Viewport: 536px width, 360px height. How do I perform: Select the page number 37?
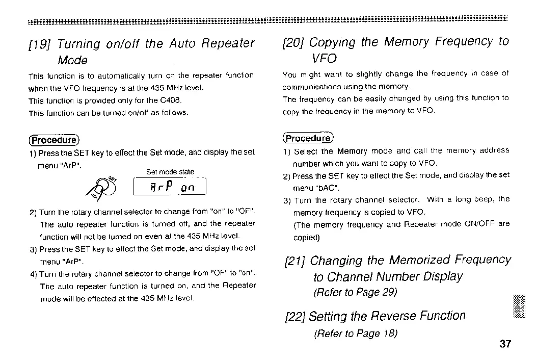pos(505,344)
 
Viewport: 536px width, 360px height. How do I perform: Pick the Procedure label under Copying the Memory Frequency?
pos(307,138)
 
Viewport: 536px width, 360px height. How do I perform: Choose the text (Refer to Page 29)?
pos(355,293)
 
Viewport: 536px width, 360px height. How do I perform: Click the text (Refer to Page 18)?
pos(355,334)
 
